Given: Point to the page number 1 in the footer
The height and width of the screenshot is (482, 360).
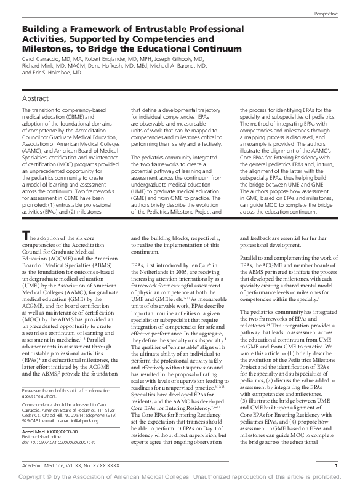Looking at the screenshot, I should pyautogui.click(x=336, y=465).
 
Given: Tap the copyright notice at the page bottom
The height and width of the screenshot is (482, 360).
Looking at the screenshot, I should pyautogui.click(x=180, y=476).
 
